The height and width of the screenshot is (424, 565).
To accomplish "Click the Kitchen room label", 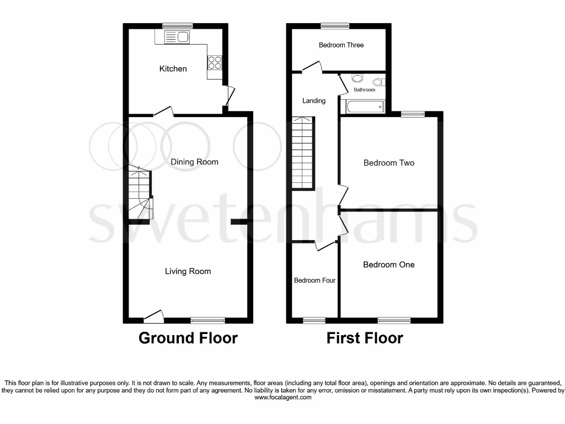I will pyautogui.click(x=173, y=69).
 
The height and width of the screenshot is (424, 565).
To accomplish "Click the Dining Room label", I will pyautogui.click(x=194, y=162).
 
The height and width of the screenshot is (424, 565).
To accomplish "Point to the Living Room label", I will pyautogui.click(x=188, y=271).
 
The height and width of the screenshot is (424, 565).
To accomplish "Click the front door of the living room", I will pyautogui.click(x=154, y=317).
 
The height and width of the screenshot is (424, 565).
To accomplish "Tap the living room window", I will pyautogui.click(x=208, y=320).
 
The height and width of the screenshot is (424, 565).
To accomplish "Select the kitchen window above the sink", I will pyautogui.click(x=178, y=25).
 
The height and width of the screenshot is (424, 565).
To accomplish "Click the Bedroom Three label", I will pyautogui.click(x=341, y=45).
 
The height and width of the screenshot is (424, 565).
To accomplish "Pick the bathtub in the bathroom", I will pyautogui.click(x=364, y=106).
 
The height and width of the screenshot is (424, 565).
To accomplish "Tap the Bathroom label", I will pyautogui.click(x=364, y=90).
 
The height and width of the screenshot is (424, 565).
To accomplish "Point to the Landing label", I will pyautogui.click(x=314, y=100).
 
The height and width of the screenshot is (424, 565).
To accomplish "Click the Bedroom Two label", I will pyautogui.click(x=388, y=163).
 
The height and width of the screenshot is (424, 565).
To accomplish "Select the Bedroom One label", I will pyautogui.click(x=388, y=264).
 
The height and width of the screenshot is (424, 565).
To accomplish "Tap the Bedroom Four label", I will pyautogui.click(x=315, y=280).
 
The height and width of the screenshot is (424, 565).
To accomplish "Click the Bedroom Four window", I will pyautogui.click(x=315, y=320).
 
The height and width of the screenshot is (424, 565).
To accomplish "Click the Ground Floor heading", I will pyautogui.click(x=188, y=338).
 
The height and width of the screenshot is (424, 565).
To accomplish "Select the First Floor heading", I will pyautogui.click(x=365, y=338).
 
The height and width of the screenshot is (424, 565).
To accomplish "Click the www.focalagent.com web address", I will pyautogui.click(x=282, y=397).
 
